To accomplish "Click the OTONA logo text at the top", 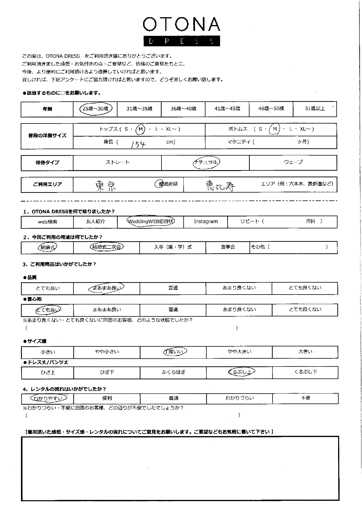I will click(x=181, y=24).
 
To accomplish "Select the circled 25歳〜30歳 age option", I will click(x=95, y=109).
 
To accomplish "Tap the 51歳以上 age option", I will click(x=314, y=109).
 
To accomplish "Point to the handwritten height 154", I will click(x=138, y=144).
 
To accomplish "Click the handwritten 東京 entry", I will click(x=106, y=185).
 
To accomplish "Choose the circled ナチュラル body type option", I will click(x=206, y=162).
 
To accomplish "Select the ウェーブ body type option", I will click(x=293, y=162).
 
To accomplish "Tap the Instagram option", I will click(x=206, y=221).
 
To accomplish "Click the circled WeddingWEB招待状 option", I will click(x=151, y=221).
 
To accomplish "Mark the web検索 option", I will click(x=48, y=222).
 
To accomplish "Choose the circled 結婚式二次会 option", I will click(x=107, y=247).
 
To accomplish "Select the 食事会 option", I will click(x=228, y=247).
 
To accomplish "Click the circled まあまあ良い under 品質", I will click(x=106, y=288).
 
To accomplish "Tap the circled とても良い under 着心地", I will click(x=48, y=310).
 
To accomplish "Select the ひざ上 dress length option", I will click(x=48, y=372).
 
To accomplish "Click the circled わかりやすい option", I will click(x=48, y=398).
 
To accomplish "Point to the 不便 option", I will click(x=305, y=398).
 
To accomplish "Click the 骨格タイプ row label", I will click(x=47, y=163).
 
